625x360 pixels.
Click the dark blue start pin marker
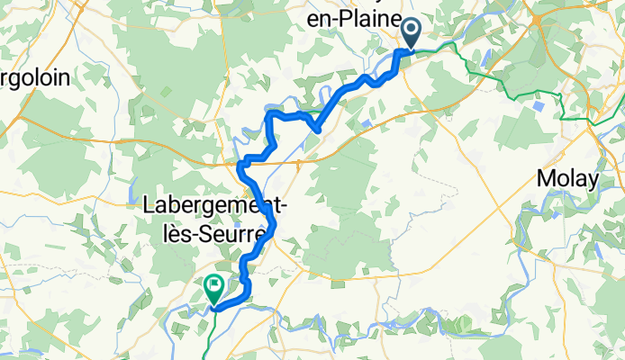[411, 33]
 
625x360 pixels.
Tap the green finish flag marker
[215, 288]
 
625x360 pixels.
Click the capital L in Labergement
[150, 205]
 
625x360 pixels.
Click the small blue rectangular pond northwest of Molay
[539, 106]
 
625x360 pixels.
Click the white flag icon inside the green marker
[215, 287]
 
